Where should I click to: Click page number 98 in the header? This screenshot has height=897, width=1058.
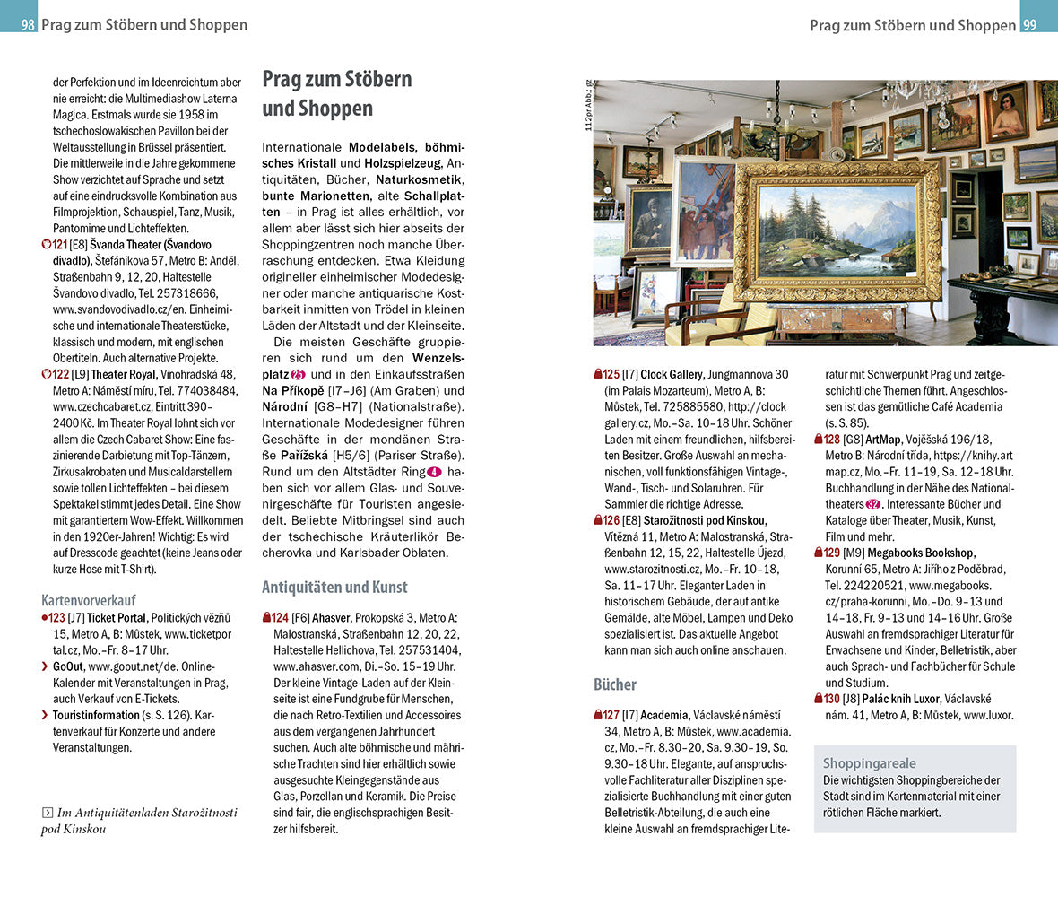pyautogui.click(x=28, y=25)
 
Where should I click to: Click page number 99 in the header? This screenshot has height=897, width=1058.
pyautogui.click(x=1029, y=25)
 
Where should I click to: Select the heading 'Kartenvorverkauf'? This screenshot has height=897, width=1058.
pyautogui.click(x=87, y=600)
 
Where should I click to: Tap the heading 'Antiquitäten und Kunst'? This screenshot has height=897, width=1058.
pyautogui.click(x=334, y=587)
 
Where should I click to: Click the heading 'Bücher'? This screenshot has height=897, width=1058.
pyautogui.click(x=614, y=684)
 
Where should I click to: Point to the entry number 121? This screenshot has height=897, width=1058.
pyautogui.click(x=59, y=244)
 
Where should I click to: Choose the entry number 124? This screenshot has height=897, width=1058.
pyautogui.click(x=280, y=618)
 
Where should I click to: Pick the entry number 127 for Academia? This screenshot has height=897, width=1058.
pyautogui.click(x=611, y=715)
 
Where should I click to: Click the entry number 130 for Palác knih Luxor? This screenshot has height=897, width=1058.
pyautogui.click(x=832, y=699)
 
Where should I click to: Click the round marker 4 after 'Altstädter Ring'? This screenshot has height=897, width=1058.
pyautogui.click(x=434, y=472)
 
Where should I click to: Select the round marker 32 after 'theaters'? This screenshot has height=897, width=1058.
pyautogui.click(x=873, y=504)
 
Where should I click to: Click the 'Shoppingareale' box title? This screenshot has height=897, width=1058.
pyautogui.click(x=869, y=763)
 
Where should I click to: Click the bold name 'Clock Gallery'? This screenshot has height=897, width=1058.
pyautogui.click(x=672, y=374)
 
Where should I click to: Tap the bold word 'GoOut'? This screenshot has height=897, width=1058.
pyautogui.click(x=68, y=666)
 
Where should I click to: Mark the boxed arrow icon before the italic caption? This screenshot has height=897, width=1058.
pyautogui.click(x=47, y=813)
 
